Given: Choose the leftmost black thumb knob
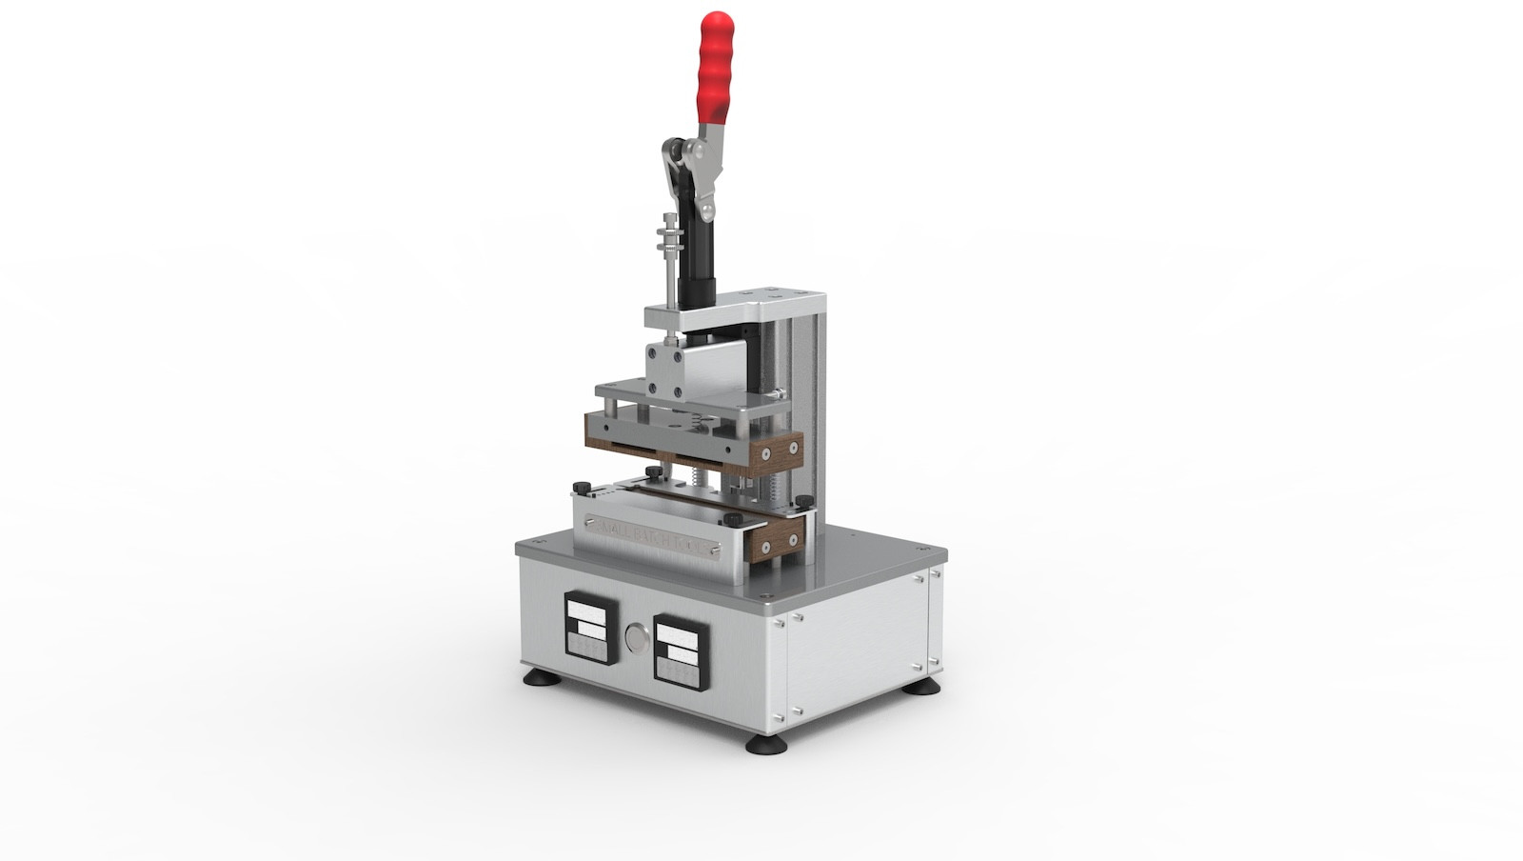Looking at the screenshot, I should [579, 488].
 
